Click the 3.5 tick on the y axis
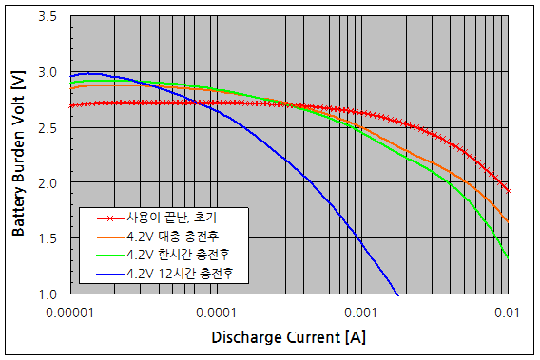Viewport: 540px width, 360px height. coord(46,17)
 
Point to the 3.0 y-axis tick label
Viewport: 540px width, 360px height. coord(46,72)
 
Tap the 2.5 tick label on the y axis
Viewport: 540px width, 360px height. coord(46,127)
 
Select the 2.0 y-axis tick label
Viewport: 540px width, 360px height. coord(46,182)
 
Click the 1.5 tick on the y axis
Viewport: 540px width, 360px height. coord(46,238)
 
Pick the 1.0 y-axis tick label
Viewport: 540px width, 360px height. coord(46,294)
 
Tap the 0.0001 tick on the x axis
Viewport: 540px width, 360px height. coord(217,312)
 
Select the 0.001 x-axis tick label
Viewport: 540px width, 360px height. coord(361,312)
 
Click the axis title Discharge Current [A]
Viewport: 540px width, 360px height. coord(289,337)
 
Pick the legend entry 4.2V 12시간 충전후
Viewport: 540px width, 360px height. coord(176,275)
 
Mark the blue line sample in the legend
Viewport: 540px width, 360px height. coord(96,275)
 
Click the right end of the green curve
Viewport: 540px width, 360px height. coord(509,257)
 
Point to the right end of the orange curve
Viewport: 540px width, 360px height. coord(509,221)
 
